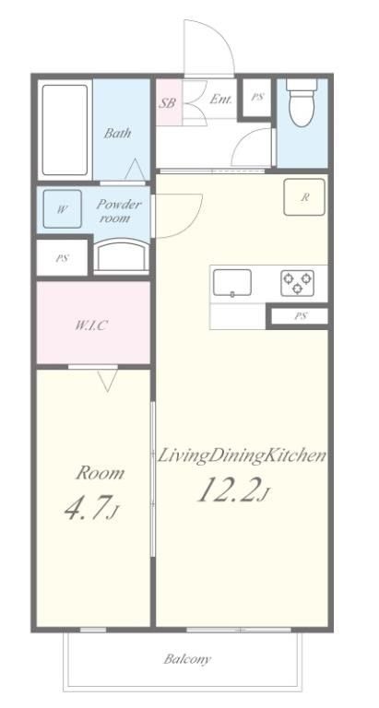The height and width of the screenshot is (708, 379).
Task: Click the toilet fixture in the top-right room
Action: (302, 103)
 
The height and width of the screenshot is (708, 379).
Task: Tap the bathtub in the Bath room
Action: (65, 130)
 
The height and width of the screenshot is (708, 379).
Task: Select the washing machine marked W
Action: (63, 209)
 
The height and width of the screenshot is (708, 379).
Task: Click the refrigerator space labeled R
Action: (304, 197)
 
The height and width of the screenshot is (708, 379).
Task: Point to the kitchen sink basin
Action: (232, 283)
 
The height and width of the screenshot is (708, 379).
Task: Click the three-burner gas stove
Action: (297, 283)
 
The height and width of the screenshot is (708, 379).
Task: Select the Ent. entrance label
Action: (220, 100)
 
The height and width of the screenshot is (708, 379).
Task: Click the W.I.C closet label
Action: (91, 325)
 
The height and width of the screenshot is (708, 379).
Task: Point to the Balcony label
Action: (187, 659)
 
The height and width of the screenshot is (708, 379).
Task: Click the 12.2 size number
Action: (228, 490)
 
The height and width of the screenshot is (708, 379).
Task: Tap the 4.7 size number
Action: (88, 509)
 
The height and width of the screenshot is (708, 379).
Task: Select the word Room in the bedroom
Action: (100, 473)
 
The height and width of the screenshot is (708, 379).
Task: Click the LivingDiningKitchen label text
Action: (242, 455)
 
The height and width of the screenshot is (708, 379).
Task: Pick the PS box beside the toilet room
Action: (257, 98)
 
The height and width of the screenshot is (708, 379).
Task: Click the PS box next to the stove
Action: (300, 316)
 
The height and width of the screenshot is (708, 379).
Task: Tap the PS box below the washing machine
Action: (63, 258)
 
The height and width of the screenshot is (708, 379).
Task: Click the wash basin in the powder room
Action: (123, 256)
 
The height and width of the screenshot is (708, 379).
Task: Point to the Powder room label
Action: (119, 211)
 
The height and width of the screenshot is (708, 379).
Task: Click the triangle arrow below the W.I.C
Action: (108, 380)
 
